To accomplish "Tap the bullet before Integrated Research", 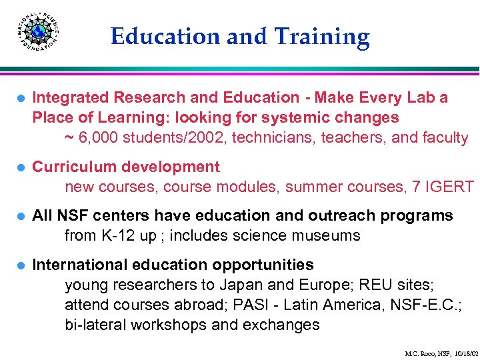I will coord(19,98).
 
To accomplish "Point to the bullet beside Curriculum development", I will coord(19,167).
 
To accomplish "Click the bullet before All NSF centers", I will coord(19,217).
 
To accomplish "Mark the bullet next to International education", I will coord(19,266).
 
